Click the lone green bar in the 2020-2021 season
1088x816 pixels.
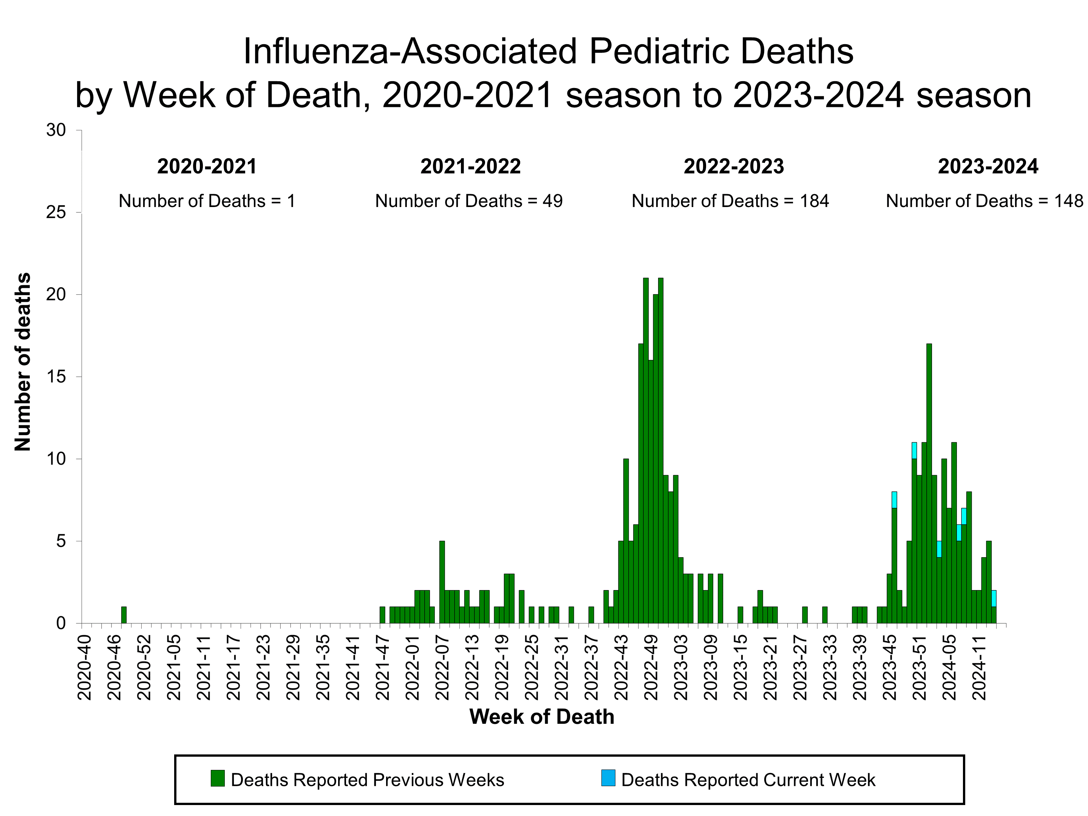coord(124,615)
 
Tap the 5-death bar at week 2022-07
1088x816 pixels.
coord(442,583)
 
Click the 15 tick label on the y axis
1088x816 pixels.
coord(56,377)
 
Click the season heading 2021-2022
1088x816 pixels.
coord(470,167)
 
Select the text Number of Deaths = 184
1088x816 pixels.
coord(730,201)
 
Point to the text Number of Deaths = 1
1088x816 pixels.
coord(207,201)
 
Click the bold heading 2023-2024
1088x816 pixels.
coord(988,167)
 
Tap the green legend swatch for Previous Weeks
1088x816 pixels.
coord(217,778)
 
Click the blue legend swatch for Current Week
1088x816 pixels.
coord(608,778)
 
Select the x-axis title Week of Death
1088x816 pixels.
coord(541,717)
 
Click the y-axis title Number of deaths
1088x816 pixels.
coord(23,362)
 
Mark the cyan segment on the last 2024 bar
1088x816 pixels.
coord(994,598)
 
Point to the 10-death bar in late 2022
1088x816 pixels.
coord(626,541)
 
